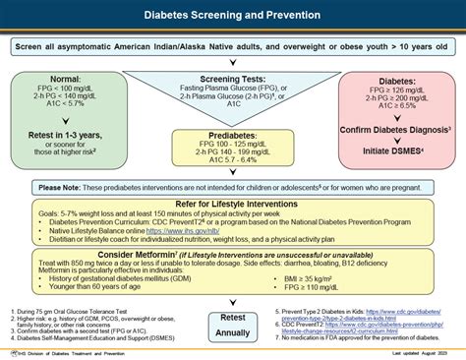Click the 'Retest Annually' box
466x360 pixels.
coord(233,325)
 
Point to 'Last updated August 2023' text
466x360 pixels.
coord(414,352)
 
